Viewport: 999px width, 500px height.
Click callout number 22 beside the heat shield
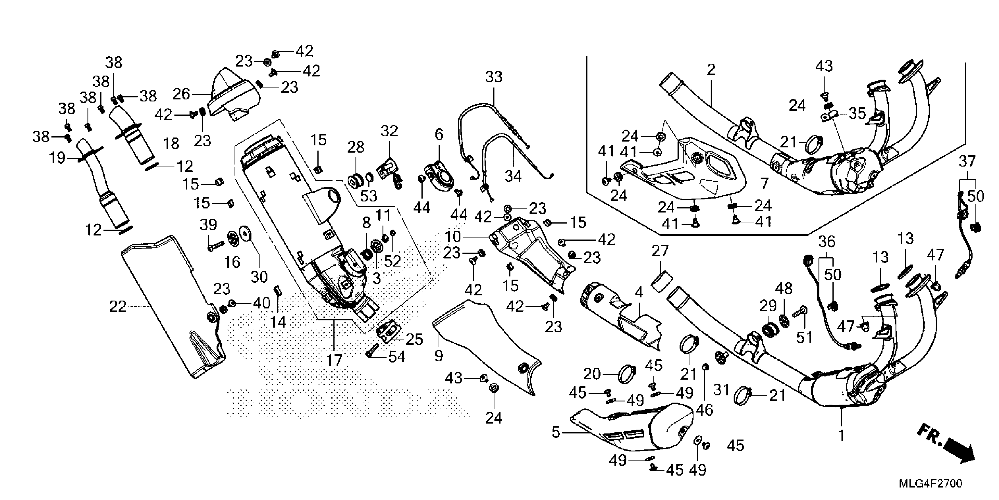118,307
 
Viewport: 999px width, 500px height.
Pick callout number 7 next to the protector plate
764,183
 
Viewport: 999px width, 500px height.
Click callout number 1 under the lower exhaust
841,436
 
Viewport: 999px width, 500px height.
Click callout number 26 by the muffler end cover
181,94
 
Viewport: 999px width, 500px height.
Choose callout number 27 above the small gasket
660,251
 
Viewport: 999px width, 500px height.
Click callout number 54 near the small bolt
397,357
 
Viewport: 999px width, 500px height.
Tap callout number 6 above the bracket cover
439,135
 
